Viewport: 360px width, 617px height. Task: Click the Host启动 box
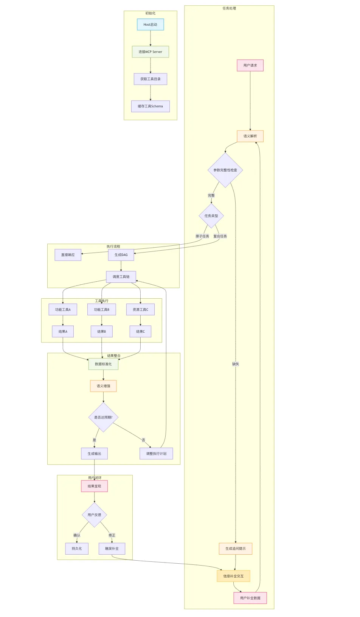151,25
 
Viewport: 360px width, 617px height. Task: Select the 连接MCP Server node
151,52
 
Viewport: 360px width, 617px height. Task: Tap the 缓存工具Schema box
151,106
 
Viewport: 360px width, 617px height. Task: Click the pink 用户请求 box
250,65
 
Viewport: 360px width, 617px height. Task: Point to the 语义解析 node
250,136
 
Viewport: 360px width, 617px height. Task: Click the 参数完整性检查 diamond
225,170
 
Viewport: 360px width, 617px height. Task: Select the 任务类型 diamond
211,215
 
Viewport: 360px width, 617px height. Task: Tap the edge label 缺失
236,364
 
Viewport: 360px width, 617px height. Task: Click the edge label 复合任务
220,236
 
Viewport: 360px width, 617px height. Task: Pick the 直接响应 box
68,255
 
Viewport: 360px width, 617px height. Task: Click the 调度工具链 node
121,276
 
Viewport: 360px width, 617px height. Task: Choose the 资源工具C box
140,310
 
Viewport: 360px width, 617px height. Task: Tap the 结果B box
102,331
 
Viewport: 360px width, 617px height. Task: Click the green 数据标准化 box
103,364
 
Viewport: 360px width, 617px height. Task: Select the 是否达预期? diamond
103,417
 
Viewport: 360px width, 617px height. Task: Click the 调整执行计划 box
156,454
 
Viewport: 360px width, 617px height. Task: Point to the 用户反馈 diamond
95,515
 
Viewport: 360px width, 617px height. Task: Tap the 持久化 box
77,549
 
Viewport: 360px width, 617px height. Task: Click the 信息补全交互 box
234,576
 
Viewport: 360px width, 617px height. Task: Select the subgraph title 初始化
151,13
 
